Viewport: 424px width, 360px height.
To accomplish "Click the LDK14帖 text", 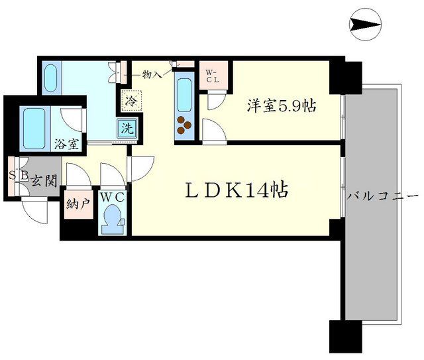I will (235, 190).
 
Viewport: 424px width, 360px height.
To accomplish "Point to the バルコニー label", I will (384, 197).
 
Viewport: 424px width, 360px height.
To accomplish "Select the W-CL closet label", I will (211, 76).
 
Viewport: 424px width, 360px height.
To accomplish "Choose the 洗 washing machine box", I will (126, 129).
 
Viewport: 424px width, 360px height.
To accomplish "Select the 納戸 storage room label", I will (78, 205).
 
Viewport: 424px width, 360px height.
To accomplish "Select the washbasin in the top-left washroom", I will (51, 78).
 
